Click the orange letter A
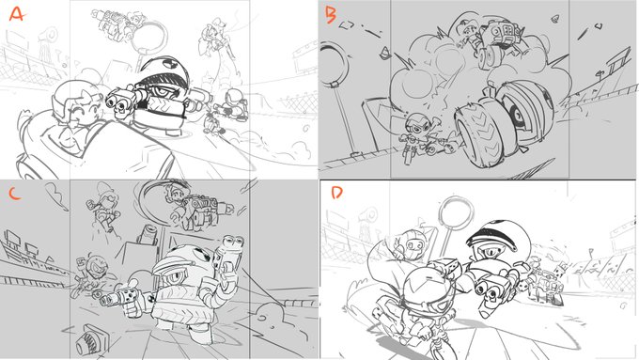click(x=17, y=14)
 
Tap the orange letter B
click(x=330, y=15)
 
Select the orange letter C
click(x=15, y=193)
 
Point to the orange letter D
click(x=336, y=193)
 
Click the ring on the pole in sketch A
click(x=148, y=35)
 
